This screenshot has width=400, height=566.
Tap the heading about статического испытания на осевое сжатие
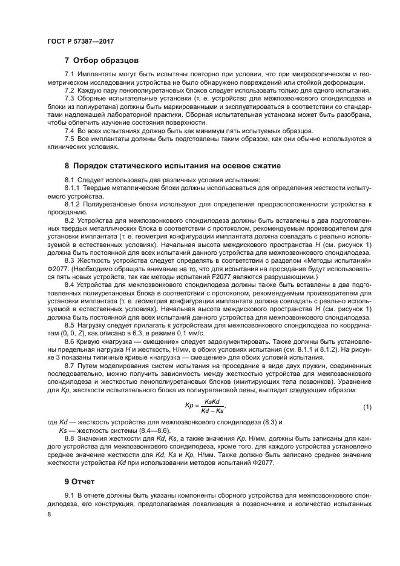click(x=172, y=165)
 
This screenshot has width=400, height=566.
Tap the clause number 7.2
click(x=70, y=90)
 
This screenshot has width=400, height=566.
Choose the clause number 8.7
click(x=70, y=366)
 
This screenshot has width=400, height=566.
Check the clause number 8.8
click(x=70, y=438)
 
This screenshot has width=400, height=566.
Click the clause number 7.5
click(x=70, y=139)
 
